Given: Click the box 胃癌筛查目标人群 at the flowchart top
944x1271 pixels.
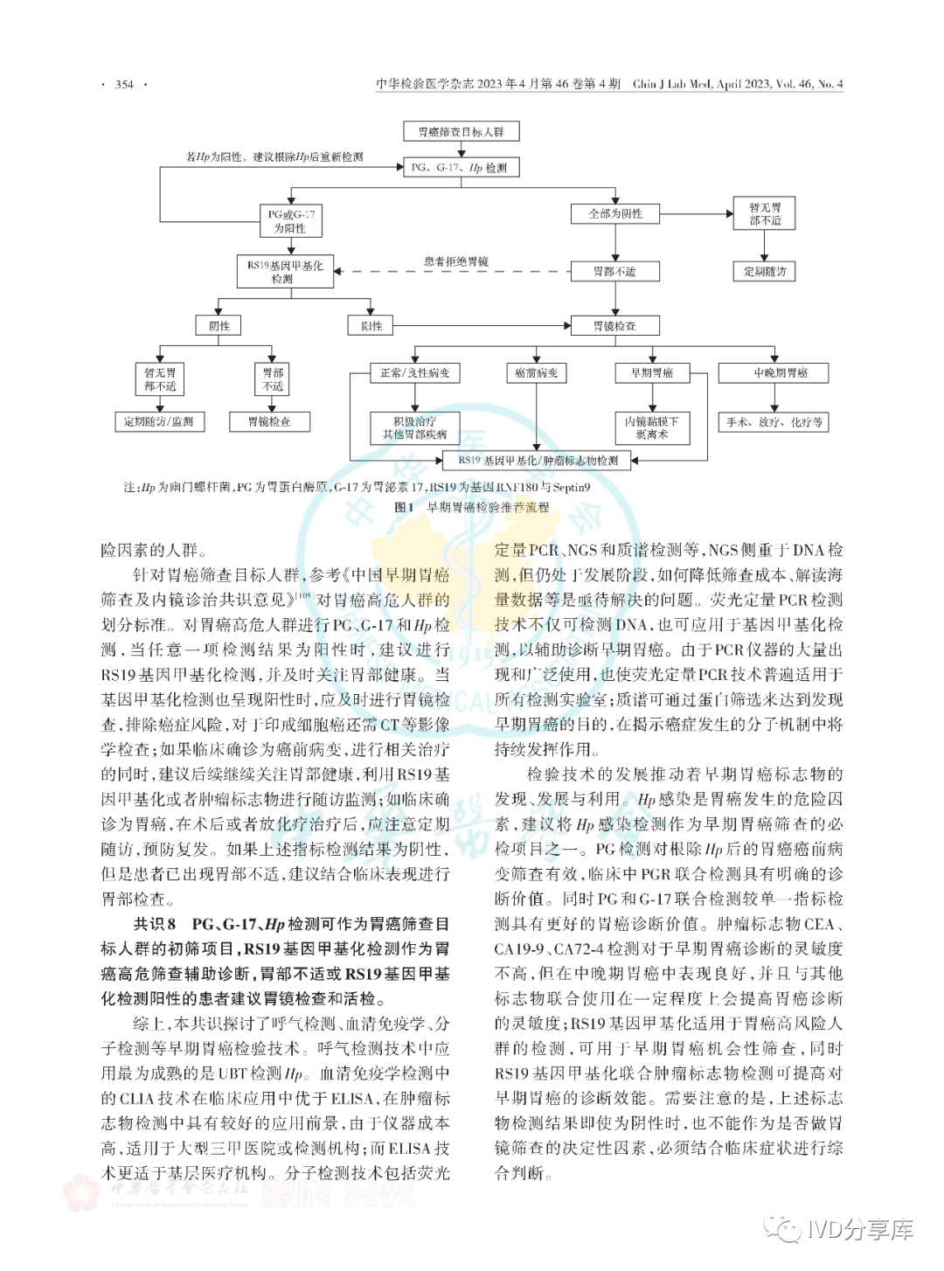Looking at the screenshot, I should coord(461,132).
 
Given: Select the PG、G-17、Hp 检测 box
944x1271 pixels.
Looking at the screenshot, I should coord(459,167).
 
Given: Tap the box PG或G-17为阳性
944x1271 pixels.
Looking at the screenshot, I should coord(291,221).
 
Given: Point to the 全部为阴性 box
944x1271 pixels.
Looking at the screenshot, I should coord(614,213).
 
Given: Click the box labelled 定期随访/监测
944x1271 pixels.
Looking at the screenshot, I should coord(158,421).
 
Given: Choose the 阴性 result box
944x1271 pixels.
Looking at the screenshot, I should coord(219,326).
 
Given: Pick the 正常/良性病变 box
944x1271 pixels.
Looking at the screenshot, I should coord(414,373).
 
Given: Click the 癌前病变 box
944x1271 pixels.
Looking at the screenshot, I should coord(536,373).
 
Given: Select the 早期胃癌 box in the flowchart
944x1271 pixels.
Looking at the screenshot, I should coord(652,373).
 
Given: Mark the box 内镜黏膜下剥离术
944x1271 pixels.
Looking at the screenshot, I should coord(652,427).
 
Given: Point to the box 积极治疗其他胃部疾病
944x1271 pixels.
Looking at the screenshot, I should coord(414,427).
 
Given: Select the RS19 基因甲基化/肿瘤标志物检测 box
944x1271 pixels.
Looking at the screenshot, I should coord(538,460).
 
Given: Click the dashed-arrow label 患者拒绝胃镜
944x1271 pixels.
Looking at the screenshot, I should coord(455,261).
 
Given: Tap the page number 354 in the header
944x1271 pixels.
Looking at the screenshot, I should coord(124,85).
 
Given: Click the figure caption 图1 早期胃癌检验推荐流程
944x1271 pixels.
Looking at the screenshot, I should coord(472,507).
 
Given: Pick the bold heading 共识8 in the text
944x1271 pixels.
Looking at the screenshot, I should coord(155,924).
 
